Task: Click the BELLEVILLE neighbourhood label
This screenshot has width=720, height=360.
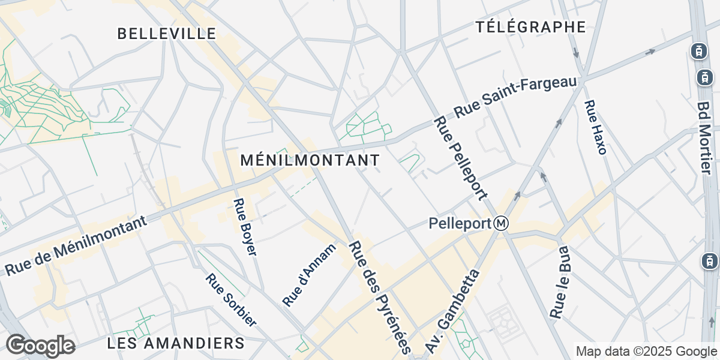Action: [x=166, y=34]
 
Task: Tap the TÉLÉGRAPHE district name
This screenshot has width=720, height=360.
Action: [x=530, y=26]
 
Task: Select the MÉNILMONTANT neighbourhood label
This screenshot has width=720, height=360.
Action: [x=310, y=160]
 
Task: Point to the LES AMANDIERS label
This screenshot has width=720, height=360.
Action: [x=176, y=343]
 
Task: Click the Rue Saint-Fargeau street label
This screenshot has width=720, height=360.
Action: [x=515, y=97]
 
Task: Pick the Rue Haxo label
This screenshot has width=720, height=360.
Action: [x=595, y=127]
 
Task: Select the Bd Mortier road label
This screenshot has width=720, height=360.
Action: [x=705, y=137]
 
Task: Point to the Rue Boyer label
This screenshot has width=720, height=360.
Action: [x=245, y=227]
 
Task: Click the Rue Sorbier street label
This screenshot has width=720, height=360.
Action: [x=231, y=300]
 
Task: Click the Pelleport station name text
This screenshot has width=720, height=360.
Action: [x=460, y=224]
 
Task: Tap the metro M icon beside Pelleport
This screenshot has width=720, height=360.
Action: [x=502, y=224]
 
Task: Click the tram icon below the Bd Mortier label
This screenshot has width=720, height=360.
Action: [x=709, y=261]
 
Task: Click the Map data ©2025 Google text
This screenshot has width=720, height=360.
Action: [x=646, y=351]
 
